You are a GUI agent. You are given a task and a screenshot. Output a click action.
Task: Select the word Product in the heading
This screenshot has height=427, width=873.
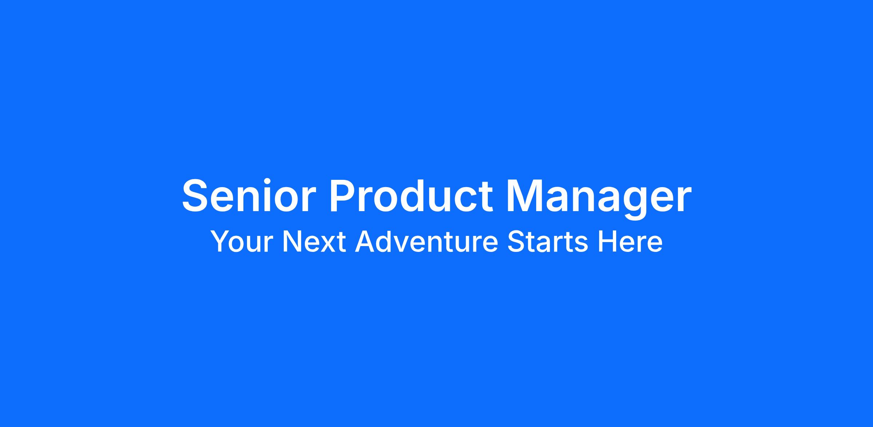pyautogui.click(x=411, y=195)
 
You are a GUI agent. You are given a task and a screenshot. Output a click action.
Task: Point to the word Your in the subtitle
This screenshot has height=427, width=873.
pyautogui.click(x=242, y=242)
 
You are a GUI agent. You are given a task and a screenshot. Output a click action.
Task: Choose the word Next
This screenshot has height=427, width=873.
pyautogui.click(x=314, y=242)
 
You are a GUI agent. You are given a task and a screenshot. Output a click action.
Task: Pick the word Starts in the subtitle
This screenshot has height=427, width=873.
pyautogui.click(x=547, y=242)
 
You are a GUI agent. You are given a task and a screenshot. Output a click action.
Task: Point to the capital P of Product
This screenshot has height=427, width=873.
pyautogui.click(x=344, y=195)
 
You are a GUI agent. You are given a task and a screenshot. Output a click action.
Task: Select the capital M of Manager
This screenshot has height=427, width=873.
pyautogui.click(x=526, y=195)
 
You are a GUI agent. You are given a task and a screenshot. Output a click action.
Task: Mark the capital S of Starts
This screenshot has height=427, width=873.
pyautogui.click(x=515, y=241)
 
